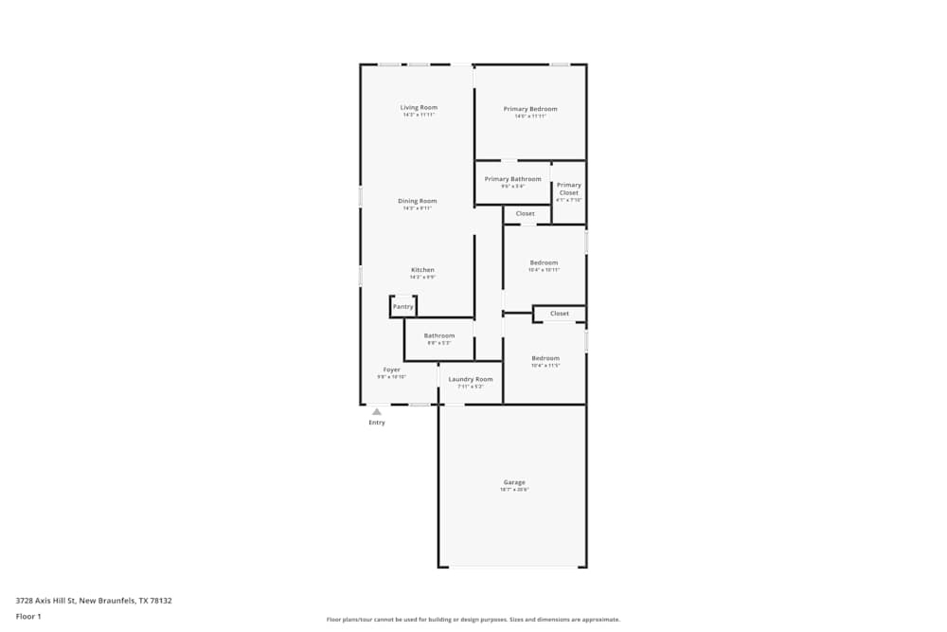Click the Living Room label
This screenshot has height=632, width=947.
coord(419,107)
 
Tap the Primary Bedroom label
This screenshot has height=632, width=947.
coord(530,109)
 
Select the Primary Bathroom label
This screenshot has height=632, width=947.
coord(512,179)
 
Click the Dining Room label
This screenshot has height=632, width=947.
coord(417,201)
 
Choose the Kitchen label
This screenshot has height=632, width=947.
coord(422,270)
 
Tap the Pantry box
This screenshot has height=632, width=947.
coord(403,307)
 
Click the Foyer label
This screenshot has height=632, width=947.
coord(391,370)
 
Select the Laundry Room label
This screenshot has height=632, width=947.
coord(471,379)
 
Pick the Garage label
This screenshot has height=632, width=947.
coord(514,482)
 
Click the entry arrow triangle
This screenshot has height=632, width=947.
coord(377,412)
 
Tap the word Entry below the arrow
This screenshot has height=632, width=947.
coord(377,423)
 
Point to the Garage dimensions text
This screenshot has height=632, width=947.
coord(514,490)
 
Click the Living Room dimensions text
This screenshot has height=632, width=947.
coord(419,115)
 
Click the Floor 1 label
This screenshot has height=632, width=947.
coord(28,616)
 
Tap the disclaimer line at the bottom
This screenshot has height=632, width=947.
coord(473,620)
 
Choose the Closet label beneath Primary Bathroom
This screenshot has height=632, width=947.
coord(525,214)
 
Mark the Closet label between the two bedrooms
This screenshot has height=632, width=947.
coord(560,314)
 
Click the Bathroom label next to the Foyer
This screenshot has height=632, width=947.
coord(439,335)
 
